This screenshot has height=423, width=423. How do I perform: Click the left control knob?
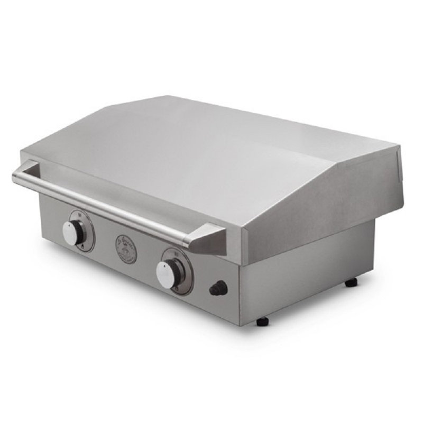coord(72,233)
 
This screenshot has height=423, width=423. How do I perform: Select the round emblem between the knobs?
coord(126,249)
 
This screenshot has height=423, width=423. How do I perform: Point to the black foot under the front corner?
coord(262,321)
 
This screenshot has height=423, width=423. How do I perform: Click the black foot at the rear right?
coord(351,283)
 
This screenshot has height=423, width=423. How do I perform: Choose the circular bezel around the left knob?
coord(88,231)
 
